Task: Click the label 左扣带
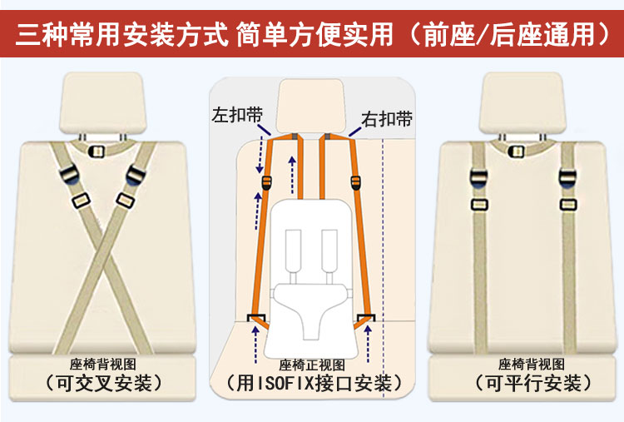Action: click(x=237, y=115)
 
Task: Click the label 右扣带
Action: click(x=386, y=119)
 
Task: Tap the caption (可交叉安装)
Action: click(x=103, y=384)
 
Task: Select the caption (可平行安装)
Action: click(x=532, y=384)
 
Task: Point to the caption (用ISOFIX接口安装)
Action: click(x=312, y=384)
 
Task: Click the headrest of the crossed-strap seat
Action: click(x=102, y=102)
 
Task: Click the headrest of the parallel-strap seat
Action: click(x=522, y=102)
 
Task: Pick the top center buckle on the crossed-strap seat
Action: click(x=96, y=151)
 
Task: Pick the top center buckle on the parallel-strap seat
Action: click(x=516, y=151)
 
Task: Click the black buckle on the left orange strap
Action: click(x=266, y=183)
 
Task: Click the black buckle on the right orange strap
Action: click(x=355, y=182)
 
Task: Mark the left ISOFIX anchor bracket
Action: click(x=257, y=318)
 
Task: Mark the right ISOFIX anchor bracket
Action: click(x=366, y=318)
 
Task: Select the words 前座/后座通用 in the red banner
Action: click(x=509, y=34)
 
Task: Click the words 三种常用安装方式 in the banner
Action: click(x=121, y=34)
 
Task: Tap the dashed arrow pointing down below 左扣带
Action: click(x=260, y=156)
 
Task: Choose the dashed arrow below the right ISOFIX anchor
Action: click(x=368, y=344)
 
